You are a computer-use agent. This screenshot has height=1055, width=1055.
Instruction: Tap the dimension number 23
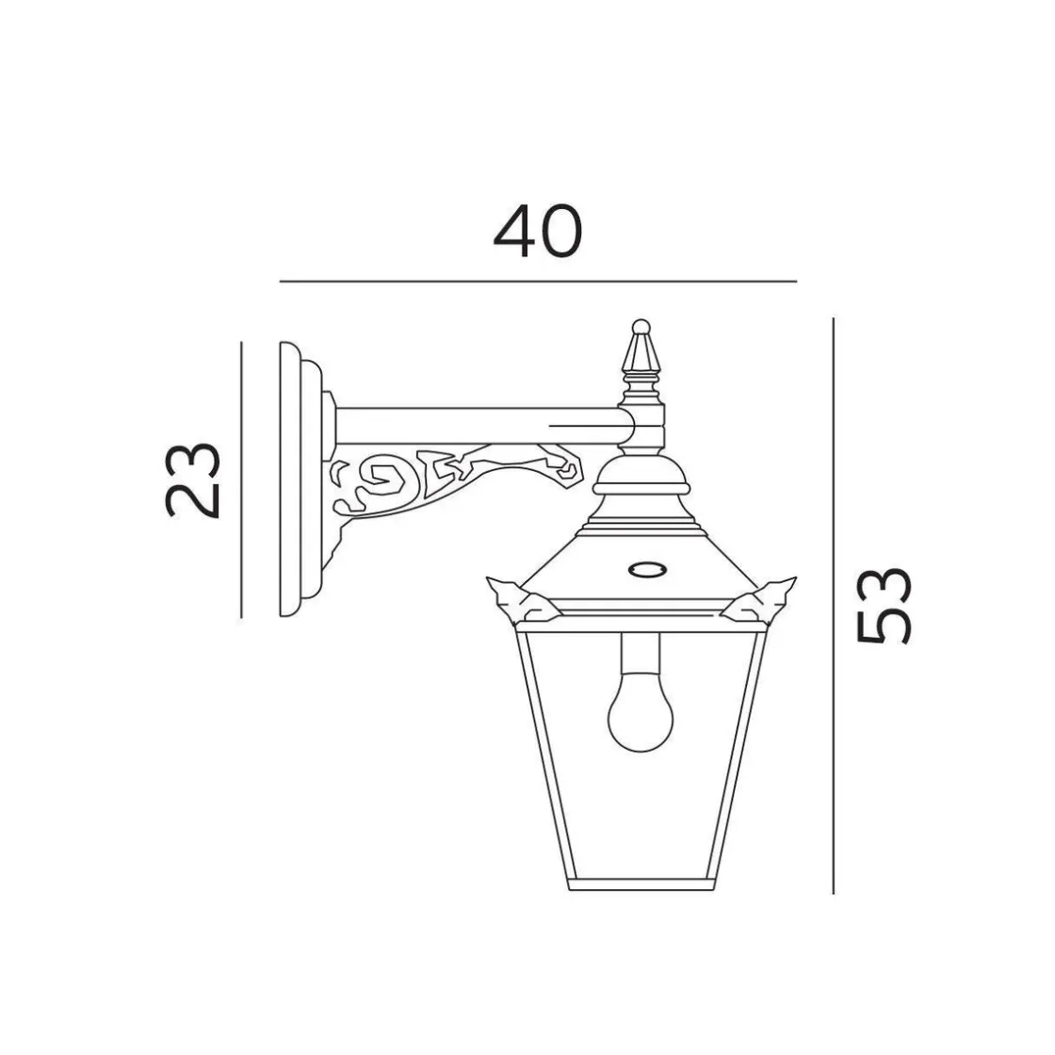coord(195,479)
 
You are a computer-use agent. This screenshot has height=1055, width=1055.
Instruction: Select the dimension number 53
coord(885,605)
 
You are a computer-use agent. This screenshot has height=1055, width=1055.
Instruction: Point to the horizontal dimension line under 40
coord(538,282)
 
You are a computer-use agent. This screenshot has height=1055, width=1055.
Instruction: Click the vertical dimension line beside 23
coord(242,479)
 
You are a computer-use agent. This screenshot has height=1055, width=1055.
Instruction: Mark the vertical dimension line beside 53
coord(834,605)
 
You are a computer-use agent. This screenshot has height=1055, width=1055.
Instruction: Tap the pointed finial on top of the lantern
coord(641,353)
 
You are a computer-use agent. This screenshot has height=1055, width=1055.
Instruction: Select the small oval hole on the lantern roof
coord(645,569)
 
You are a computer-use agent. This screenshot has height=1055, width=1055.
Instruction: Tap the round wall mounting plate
coord(296,479)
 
